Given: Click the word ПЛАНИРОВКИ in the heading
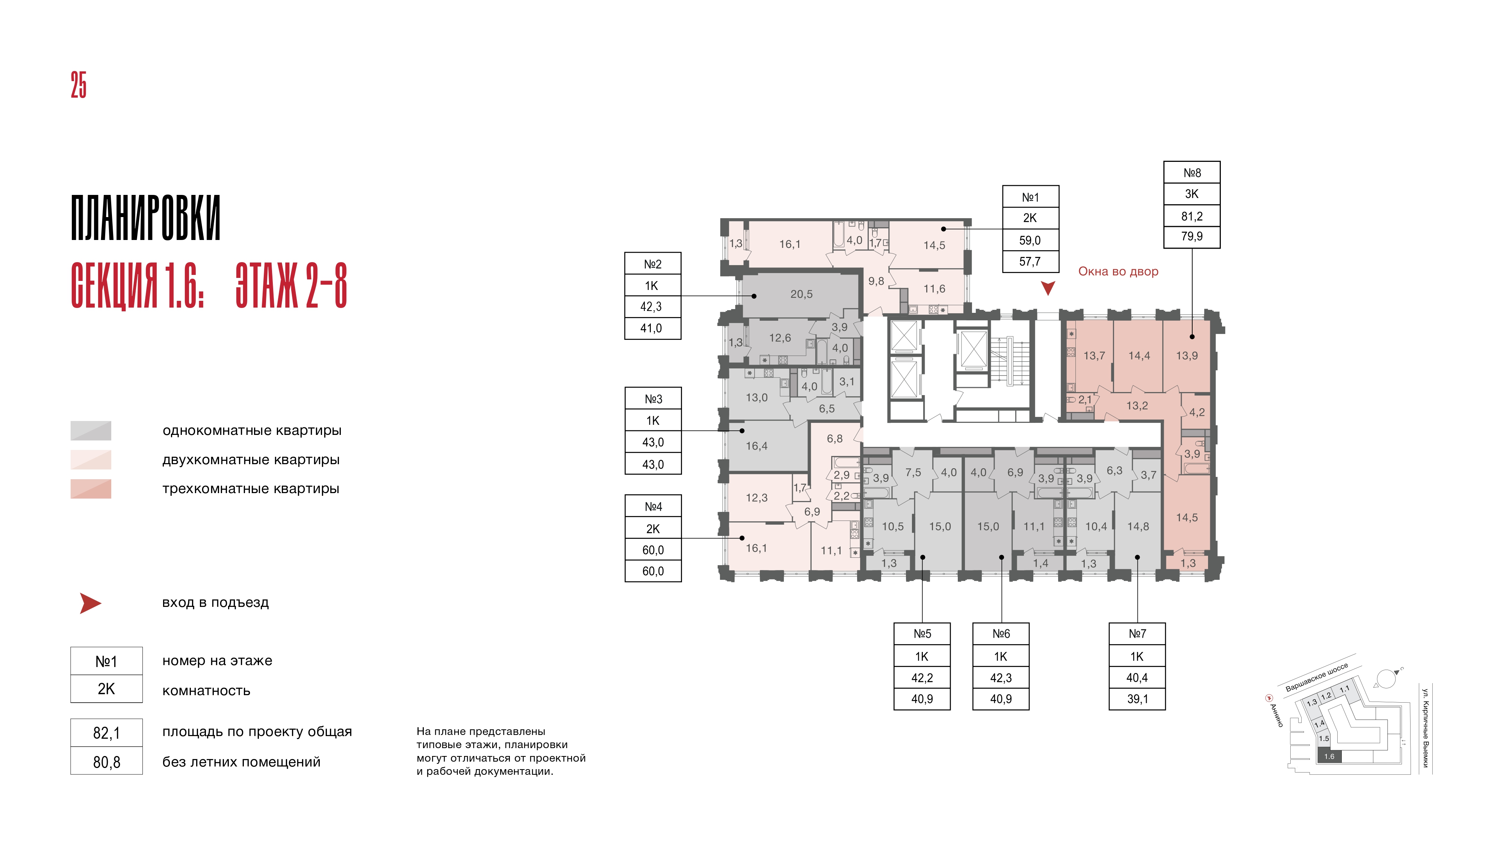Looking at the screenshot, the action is (x=146, y=217).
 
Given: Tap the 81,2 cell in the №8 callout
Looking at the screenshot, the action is (x=1192, y=216).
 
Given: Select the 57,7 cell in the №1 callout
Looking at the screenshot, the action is (x=1030, y=261).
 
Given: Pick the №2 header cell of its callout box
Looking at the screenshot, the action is (x=653, y=264).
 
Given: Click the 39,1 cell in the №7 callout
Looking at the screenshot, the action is (x=1137, y=699).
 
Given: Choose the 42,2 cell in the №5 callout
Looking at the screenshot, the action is (x=922, y=678).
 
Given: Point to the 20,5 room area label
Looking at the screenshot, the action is (x=801, y=294).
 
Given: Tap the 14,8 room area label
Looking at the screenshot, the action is (x=1138, y=527).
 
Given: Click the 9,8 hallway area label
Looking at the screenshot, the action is (x=876, y=281).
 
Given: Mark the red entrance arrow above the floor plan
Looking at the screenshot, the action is (x=1048, y=288).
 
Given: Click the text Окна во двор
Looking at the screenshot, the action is (x=1118, y=271).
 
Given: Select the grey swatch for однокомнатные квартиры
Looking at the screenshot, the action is (x=91, y=430).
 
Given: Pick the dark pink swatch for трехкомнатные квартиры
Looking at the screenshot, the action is (x=91, y=489).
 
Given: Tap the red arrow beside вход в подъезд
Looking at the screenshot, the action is (x=91, y=604).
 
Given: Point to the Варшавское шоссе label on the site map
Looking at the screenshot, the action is (x=1317, y=677).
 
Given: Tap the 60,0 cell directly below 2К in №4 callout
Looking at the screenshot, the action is (x=653, y=550).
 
